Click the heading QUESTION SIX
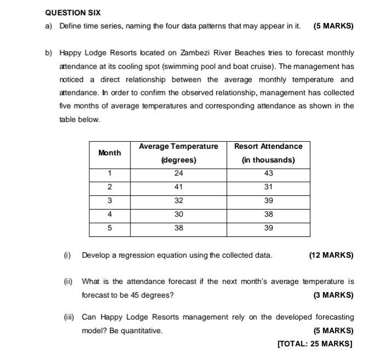coord(73,12)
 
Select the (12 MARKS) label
coord(331,255)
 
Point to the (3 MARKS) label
coord(333,295)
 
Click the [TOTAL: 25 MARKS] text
coord(315,344)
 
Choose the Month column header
coord(110,153)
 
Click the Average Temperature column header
coord(178,147)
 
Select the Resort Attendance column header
coord(268,147)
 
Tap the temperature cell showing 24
coord(178,173)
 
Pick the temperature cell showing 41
coord(178,187)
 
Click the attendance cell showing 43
coord(268,173)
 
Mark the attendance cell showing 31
coord(268,187)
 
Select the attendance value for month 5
coord(268,228)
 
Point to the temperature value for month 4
coord(178,214)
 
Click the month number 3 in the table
coord(110,201)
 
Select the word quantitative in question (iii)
coord(141,330)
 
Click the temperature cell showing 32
coord(178,201)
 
